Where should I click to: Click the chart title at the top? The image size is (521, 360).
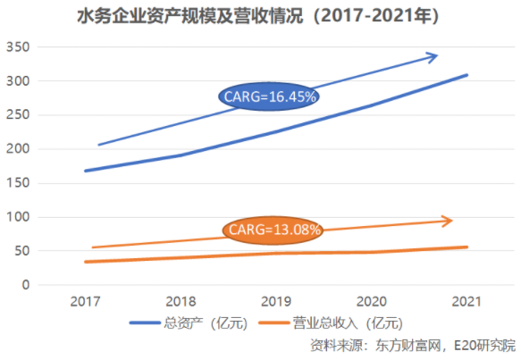(x=261, y=15)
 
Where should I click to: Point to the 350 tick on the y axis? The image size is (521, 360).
(x=19, y=47)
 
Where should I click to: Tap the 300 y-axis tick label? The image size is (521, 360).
(x=19, y=81)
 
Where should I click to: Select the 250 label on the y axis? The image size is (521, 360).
(x=19, y=115)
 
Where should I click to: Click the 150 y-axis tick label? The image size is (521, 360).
(x=19, y=183)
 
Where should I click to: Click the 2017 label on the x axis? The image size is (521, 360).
(x=86, y=303)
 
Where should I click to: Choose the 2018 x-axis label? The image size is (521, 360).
(x=181, y=303)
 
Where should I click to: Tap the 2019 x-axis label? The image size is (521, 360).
(x=277, y=303)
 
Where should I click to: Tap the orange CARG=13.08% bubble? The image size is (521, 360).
(x=273, y=230)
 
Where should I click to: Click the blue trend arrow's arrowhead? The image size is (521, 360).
(x=433, y=57)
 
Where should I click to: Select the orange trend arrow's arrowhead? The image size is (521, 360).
(x=448, y=221)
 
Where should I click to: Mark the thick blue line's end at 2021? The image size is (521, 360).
(x=466, y=75)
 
